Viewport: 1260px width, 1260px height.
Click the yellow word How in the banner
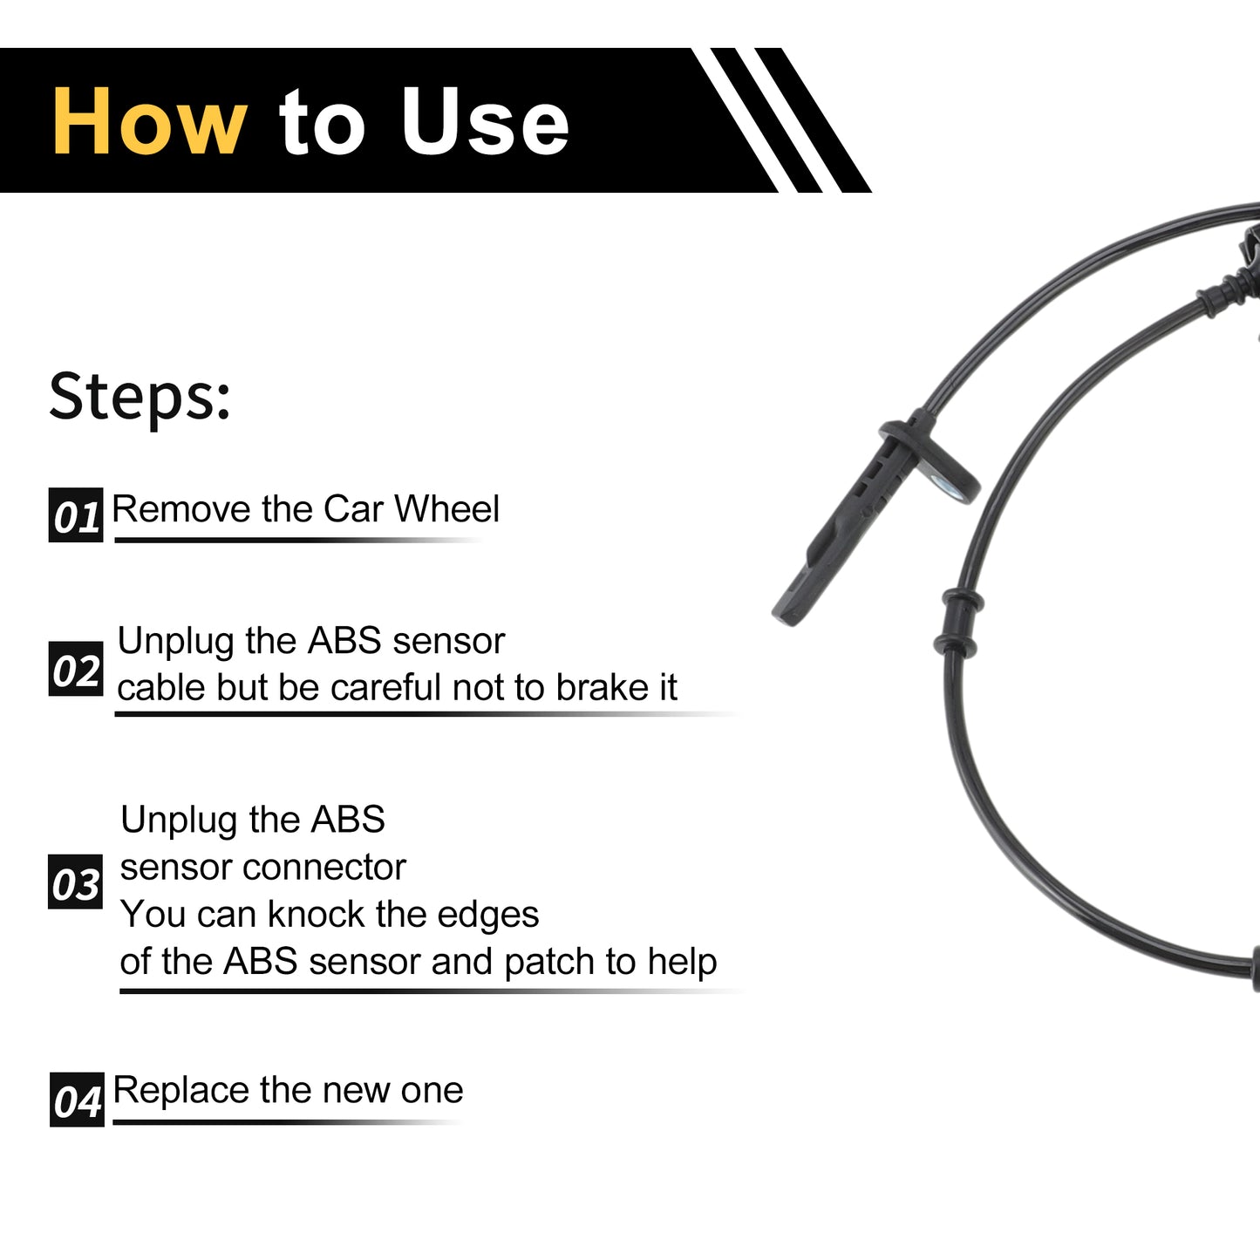pos(150,121)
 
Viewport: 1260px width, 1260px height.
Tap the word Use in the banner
pos(485,121)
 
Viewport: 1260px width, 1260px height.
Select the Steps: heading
pos(140,397)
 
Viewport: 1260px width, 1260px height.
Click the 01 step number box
pos(76,515)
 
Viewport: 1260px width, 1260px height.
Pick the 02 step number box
pos(76,669)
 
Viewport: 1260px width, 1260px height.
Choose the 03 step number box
pos(75,882)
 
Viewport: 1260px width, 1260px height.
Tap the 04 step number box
pos(77,1100)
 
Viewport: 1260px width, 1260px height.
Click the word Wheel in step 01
pos(447,508)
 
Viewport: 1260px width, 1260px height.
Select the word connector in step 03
pos(324,867)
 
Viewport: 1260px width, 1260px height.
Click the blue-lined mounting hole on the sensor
pos(947,486)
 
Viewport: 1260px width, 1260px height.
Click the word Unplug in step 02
pos(176,642)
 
